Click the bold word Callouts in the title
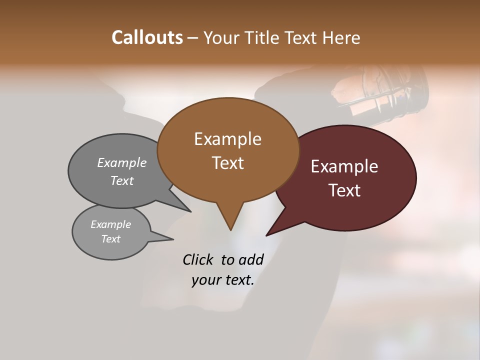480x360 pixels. (147, 37)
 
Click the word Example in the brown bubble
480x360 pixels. (227, 139)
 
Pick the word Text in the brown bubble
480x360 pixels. (227, 163)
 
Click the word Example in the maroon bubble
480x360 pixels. (344, 166)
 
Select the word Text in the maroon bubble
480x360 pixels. (344, 190)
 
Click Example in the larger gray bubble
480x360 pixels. (122, 162)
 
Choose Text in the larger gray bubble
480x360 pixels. (122, 180)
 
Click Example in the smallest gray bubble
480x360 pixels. (110, 224)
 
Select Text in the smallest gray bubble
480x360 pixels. (110, 239)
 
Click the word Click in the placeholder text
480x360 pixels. (197, 259)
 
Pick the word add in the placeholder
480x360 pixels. (251, 259)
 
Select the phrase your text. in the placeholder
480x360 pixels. (223, 280)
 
